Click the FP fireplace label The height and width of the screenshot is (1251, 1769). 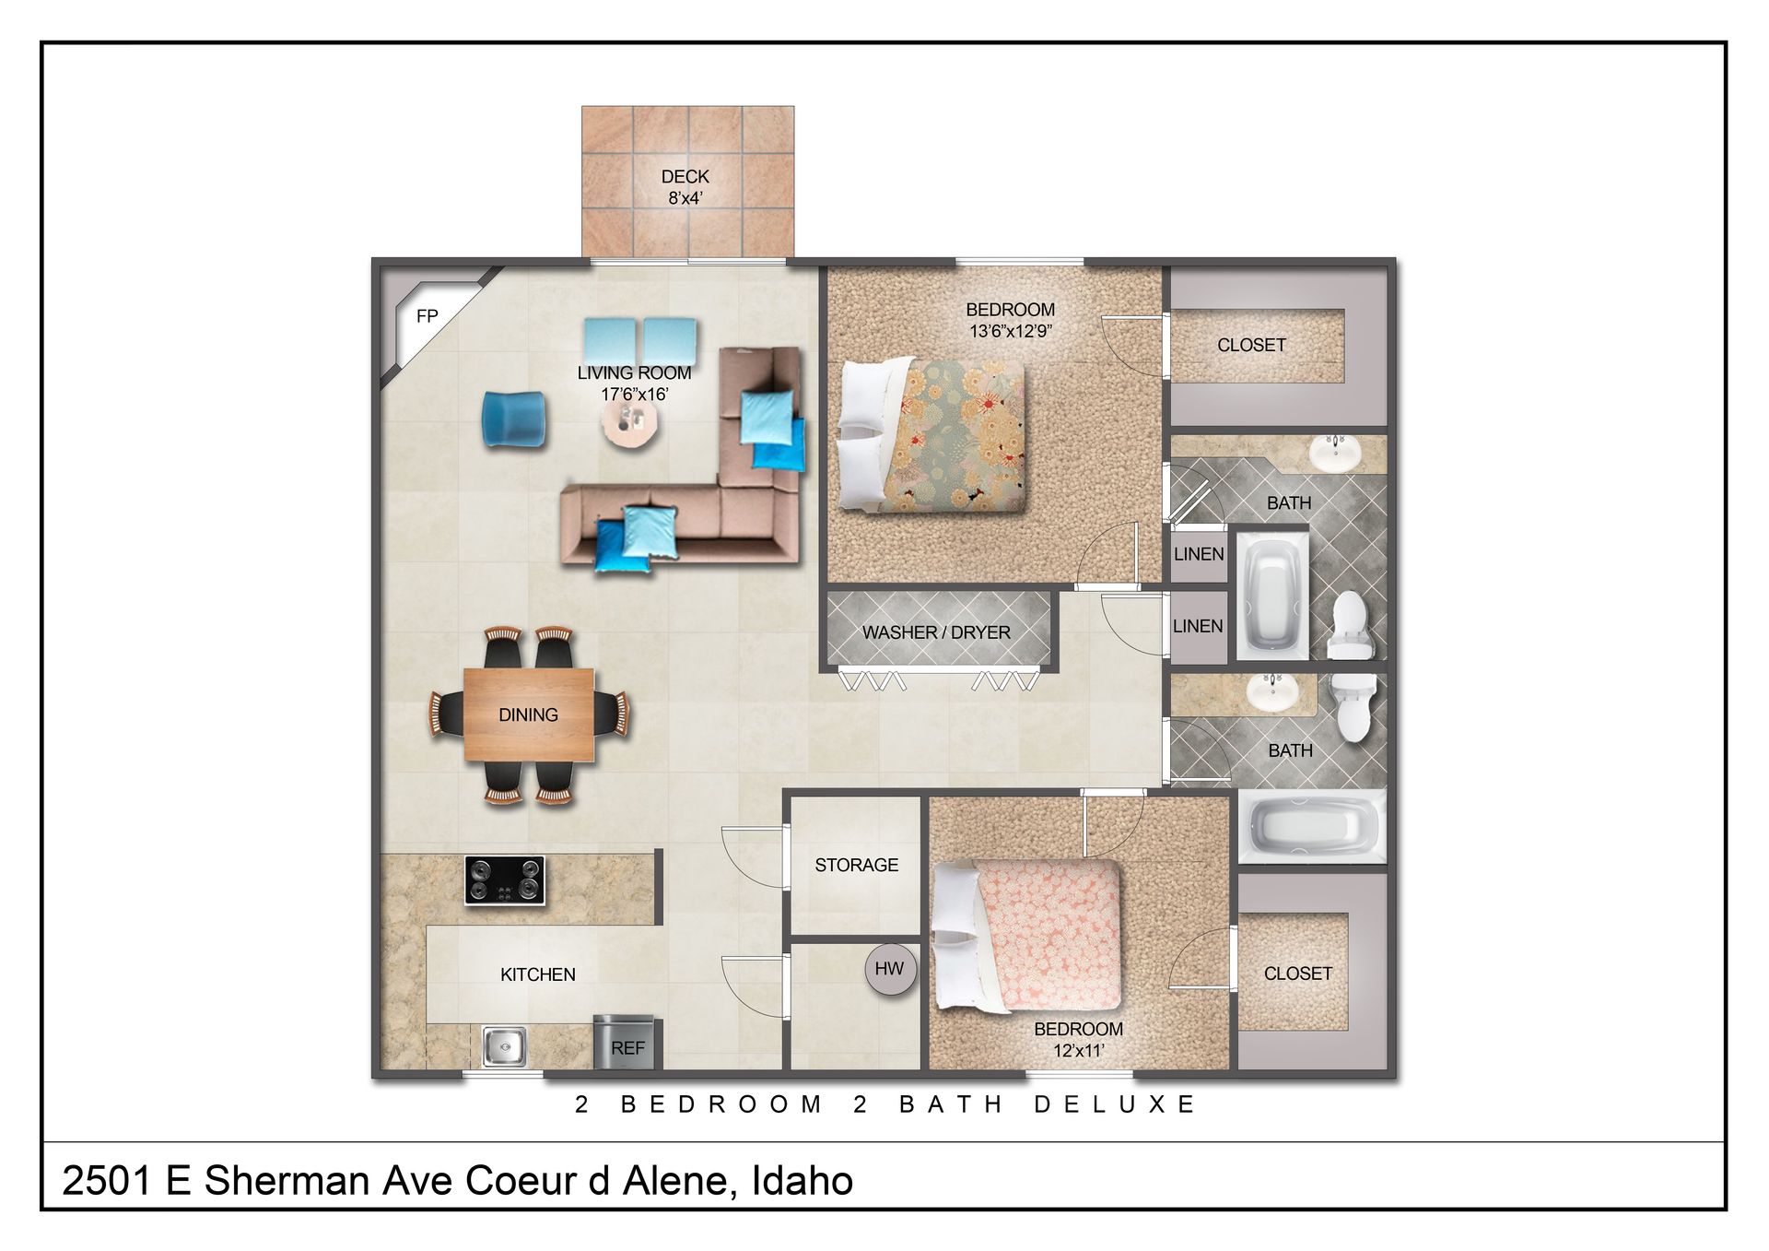point(427,316)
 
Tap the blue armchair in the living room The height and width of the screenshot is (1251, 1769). point(513,419)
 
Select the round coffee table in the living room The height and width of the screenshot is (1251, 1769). point(630,424)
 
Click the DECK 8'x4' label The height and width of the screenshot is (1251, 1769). point(685,187)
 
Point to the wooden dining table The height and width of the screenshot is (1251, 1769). point(529,714)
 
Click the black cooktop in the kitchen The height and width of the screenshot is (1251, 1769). point(504,879)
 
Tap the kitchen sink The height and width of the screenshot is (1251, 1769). point(504,1046)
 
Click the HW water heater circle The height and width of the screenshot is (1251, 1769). point(890,969)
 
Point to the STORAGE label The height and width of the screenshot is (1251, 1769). point(856,865)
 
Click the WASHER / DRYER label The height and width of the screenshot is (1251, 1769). point(936,632)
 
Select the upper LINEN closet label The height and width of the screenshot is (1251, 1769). point(1199,554)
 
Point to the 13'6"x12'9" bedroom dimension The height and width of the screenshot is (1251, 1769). point(1011,331)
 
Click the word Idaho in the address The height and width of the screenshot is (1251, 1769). point(802,1181)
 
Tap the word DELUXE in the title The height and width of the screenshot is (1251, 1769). point(1114,1104)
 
